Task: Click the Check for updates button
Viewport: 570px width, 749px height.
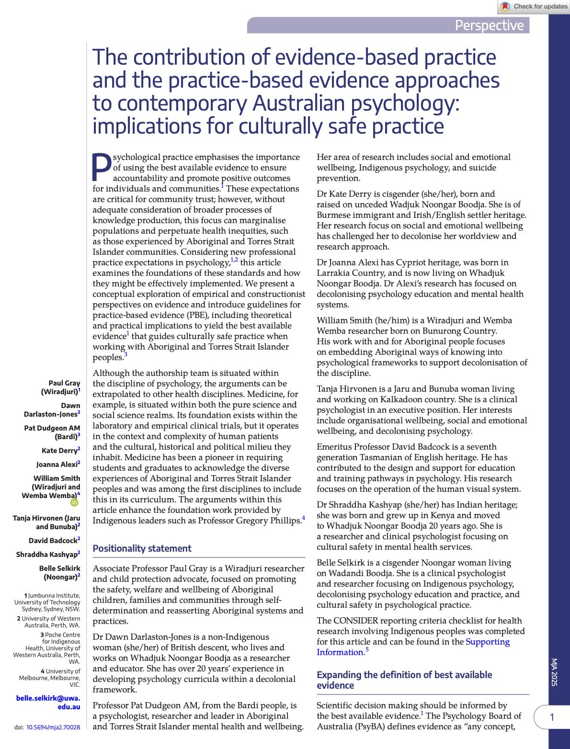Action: tap(534, 7)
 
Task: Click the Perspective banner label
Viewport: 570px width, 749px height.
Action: tap(489, 25)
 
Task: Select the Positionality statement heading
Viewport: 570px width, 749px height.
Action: tap(142, 549)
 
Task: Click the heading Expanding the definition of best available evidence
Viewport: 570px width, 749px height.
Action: tap(404, 680)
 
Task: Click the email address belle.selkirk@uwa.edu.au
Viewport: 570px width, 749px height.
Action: tap(48, 702)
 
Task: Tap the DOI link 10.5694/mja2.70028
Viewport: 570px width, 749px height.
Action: tap(53, 727)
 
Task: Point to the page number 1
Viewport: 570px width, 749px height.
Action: tap(552, 717)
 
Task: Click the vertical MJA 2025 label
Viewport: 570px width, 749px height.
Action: tap(554, 672)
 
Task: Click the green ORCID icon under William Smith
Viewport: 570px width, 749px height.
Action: tap(74, 502)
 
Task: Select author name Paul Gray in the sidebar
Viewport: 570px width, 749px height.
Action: tap(64, 383)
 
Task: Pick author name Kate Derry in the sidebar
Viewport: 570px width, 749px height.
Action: tap(59, 451)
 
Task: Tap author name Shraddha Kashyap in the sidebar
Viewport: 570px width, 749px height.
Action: tap(47, 555)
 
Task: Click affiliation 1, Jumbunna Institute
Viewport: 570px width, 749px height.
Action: tap(53, 596)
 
